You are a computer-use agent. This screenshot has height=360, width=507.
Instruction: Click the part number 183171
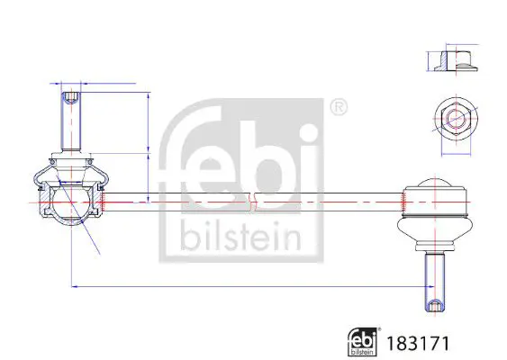pyautogui.click(x=418, y=343)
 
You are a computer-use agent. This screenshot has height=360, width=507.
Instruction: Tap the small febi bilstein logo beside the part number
pyautogui.click(x=363, y=342)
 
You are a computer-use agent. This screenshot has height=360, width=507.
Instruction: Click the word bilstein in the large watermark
pyautogui.click(x=240, y=236)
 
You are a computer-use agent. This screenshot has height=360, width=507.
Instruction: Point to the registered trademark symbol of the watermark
pyautogui.click(x=339, y=108)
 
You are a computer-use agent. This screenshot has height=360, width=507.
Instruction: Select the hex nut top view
pyautogui.click(x=456, y=119)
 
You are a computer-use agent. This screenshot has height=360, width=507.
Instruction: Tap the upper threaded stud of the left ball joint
pyautogui.click(x=71, y=121)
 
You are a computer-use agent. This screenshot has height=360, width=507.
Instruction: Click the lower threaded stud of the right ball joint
pyautogui.click(x=435, y=282)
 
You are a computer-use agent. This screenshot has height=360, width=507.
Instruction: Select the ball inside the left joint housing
pyautogui.click(x=71, y=202)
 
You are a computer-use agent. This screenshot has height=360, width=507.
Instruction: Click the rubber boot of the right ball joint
pyautogui.click(x=434, y=230)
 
